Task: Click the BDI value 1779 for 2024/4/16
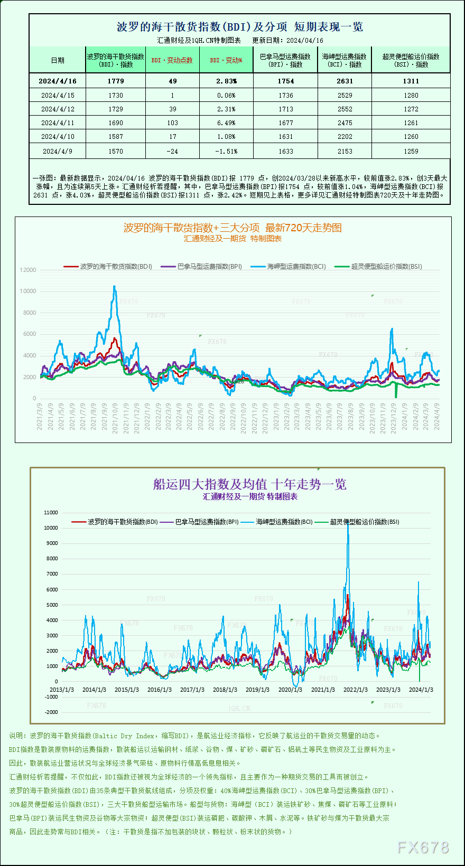click(x=116, y=81)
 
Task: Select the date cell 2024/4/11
click(x=58, y=123)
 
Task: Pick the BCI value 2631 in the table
click(x=345, y=81)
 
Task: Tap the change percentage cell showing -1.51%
click(x=226, y=151)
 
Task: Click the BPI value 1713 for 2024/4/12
click(x=285, y=109)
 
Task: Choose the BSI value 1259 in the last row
click(x=411, y=151)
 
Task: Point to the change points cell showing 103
click(x=172, y=123)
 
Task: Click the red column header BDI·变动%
click(x=226, y=60)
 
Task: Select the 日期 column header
click(x=58, y=60)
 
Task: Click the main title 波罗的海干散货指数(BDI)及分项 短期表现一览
click(x=239, y=27)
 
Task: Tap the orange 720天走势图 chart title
click(x=232, y=228)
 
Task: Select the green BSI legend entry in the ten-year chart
click(x=364, y=522)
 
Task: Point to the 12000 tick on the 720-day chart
click(x=28, y=270)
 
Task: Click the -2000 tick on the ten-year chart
click(x=51, y=712)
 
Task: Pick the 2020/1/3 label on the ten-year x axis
click(x=290, y=690)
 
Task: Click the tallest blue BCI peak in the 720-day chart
click(x=114, y=287)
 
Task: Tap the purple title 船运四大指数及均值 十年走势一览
click(x=249, y=484)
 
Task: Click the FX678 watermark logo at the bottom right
click(x=423, y=848)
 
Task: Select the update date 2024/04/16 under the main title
click(x=305, y=41)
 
